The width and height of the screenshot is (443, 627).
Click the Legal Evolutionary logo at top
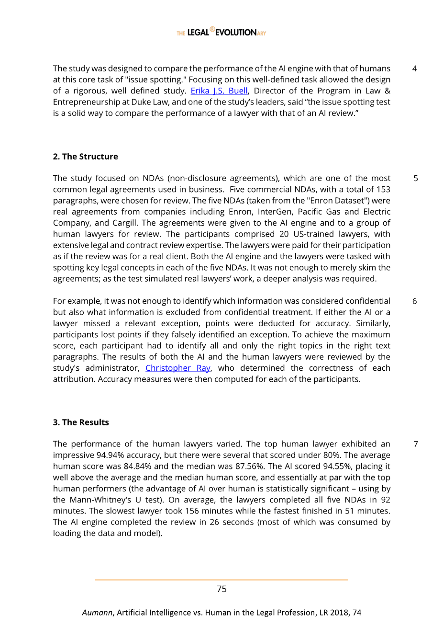[x=221, y=32]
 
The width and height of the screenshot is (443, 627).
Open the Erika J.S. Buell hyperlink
[x=219, y=91]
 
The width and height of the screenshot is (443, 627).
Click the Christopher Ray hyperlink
[x=178, y=368]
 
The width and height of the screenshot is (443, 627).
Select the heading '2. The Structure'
[x=85, y=157]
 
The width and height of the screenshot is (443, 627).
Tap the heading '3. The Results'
[x=81, y=422]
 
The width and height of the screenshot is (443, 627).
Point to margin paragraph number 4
[x=414, y=69]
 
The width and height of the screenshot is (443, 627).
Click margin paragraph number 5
[x=415, y=179]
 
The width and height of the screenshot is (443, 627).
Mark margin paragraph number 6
[x=414, y=301]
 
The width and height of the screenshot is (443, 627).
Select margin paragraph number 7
[x=415, y=444]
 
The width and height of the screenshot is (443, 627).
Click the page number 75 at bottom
[x=221, y=589]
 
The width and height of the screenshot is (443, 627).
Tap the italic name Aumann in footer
[x=97, y=613]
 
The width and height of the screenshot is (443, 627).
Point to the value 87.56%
[x=249, y=467]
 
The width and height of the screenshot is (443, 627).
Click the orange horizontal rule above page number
[x=221, y=580]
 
